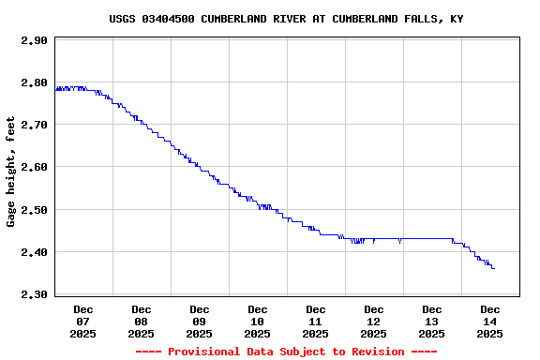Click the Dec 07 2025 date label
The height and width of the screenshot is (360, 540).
tap(83, 322)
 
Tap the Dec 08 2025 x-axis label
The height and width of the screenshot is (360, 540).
tap(142, 322)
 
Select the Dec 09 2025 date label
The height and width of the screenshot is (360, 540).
tap(200, 322)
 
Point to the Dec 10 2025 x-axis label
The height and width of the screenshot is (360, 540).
tap(258, 322)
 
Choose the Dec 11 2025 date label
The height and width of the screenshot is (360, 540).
tap(316, 322)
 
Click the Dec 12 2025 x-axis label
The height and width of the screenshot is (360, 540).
tap(374, 322)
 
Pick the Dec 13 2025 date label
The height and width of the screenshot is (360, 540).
tap(432, 322)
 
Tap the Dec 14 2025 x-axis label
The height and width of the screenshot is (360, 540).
tap(490, 322)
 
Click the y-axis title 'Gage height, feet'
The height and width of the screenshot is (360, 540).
tap(11, 172)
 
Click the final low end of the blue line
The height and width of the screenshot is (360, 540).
tap(493, 268)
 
